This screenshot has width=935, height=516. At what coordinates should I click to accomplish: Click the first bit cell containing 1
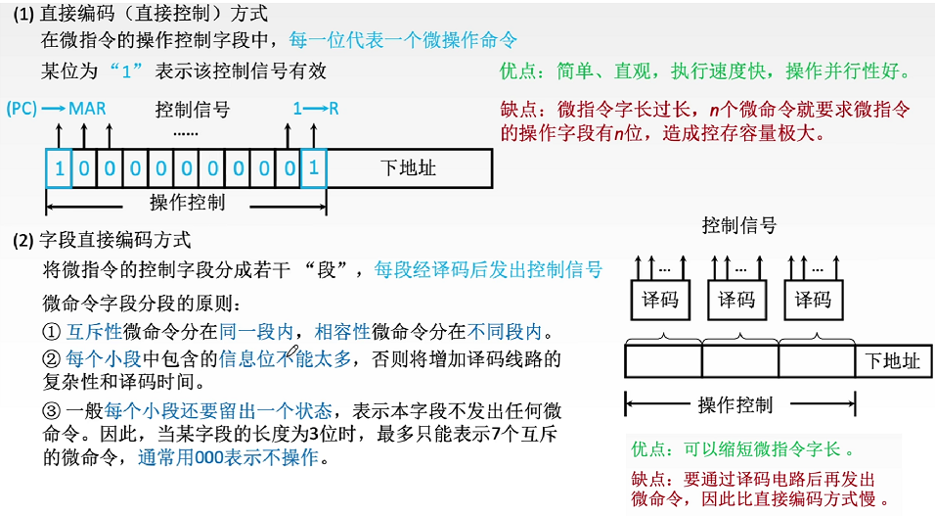coord(59,168)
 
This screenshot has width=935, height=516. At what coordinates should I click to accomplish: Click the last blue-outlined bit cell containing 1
coord(313,168)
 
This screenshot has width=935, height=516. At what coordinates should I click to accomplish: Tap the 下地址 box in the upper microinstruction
coord(408,168)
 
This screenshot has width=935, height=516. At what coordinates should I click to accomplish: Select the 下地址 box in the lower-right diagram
coord(893,361)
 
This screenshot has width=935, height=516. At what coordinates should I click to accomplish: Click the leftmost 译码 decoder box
coord(659,299)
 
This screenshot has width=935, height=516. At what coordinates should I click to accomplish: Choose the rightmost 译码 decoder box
coord(813,299)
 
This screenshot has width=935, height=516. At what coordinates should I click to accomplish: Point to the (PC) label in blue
coord(22,108)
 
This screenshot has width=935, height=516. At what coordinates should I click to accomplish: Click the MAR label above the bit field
coord(87,108)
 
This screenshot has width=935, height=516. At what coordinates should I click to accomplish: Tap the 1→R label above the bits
coord(315,108)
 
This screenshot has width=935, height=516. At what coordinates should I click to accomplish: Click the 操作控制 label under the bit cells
coord(187,203)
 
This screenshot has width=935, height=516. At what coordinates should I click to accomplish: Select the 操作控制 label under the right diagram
coord(735,403)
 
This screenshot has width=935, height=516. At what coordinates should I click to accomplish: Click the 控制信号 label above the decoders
coord(738,226)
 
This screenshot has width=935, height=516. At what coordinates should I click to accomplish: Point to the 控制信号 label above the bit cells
coord(193,108)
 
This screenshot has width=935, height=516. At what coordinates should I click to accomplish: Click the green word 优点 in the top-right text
coord(517,71)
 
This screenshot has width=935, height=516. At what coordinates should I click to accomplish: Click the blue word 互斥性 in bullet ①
coord(96,331)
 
